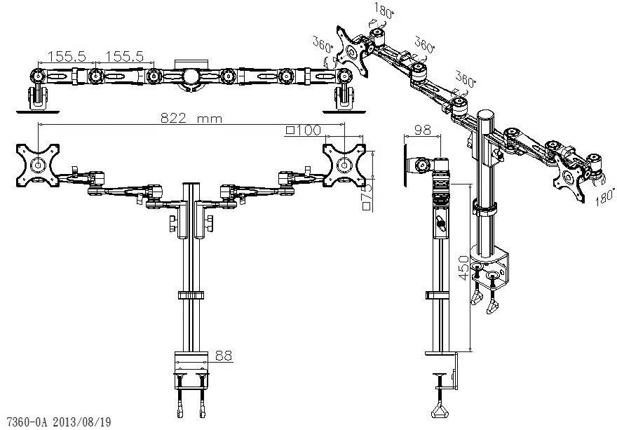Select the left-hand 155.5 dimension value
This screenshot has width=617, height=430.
click(67, 55)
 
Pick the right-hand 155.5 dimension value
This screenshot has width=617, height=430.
click(124, 55)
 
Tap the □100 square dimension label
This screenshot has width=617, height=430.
click(303, 130)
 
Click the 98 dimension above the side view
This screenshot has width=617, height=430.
click(422, 130)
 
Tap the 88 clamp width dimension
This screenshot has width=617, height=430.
click(223, 356)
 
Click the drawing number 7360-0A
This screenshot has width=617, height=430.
click(27, 422)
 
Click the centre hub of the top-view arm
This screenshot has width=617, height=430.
click(190, 76)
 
